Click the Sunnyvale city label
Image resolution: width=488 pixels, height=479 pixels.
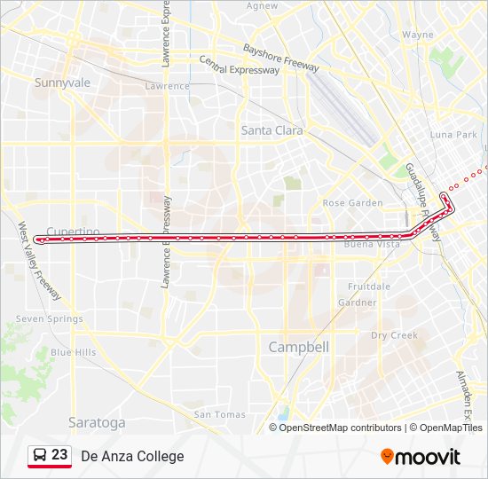click(62, 82)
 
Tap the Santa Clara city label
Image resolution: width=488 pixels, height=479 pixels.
click(272, 130)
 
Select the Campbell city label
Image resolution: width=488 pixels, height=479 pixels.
click(298, 347)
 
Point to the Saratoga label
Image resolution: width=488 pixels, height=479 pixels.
click(97, 422)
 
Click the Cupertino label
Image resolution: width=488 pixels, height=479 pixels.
click(72, 232)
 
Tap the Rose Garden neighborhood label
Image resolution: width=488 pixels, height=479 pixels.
click(352, 203)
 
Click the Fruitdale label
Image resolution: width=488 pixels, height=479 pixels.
click(368, 287)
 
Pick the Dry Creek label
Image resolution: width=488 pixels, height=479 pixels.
click(393, 335)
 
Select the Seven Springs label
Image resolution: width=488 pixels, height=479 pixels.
click(49, 318)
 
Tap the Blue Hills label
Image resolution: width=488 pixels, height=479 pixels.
click(73, 352)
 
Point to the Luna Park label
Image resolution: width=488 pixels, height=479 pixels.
click(453, 135)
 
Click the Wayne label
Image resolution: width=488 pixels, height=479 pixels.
click(417, 35)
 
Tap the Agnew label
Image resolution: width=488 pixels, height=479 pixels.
click(262, 5)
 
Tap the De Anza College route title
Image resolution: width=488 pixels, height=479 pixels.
click(132, 456)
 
